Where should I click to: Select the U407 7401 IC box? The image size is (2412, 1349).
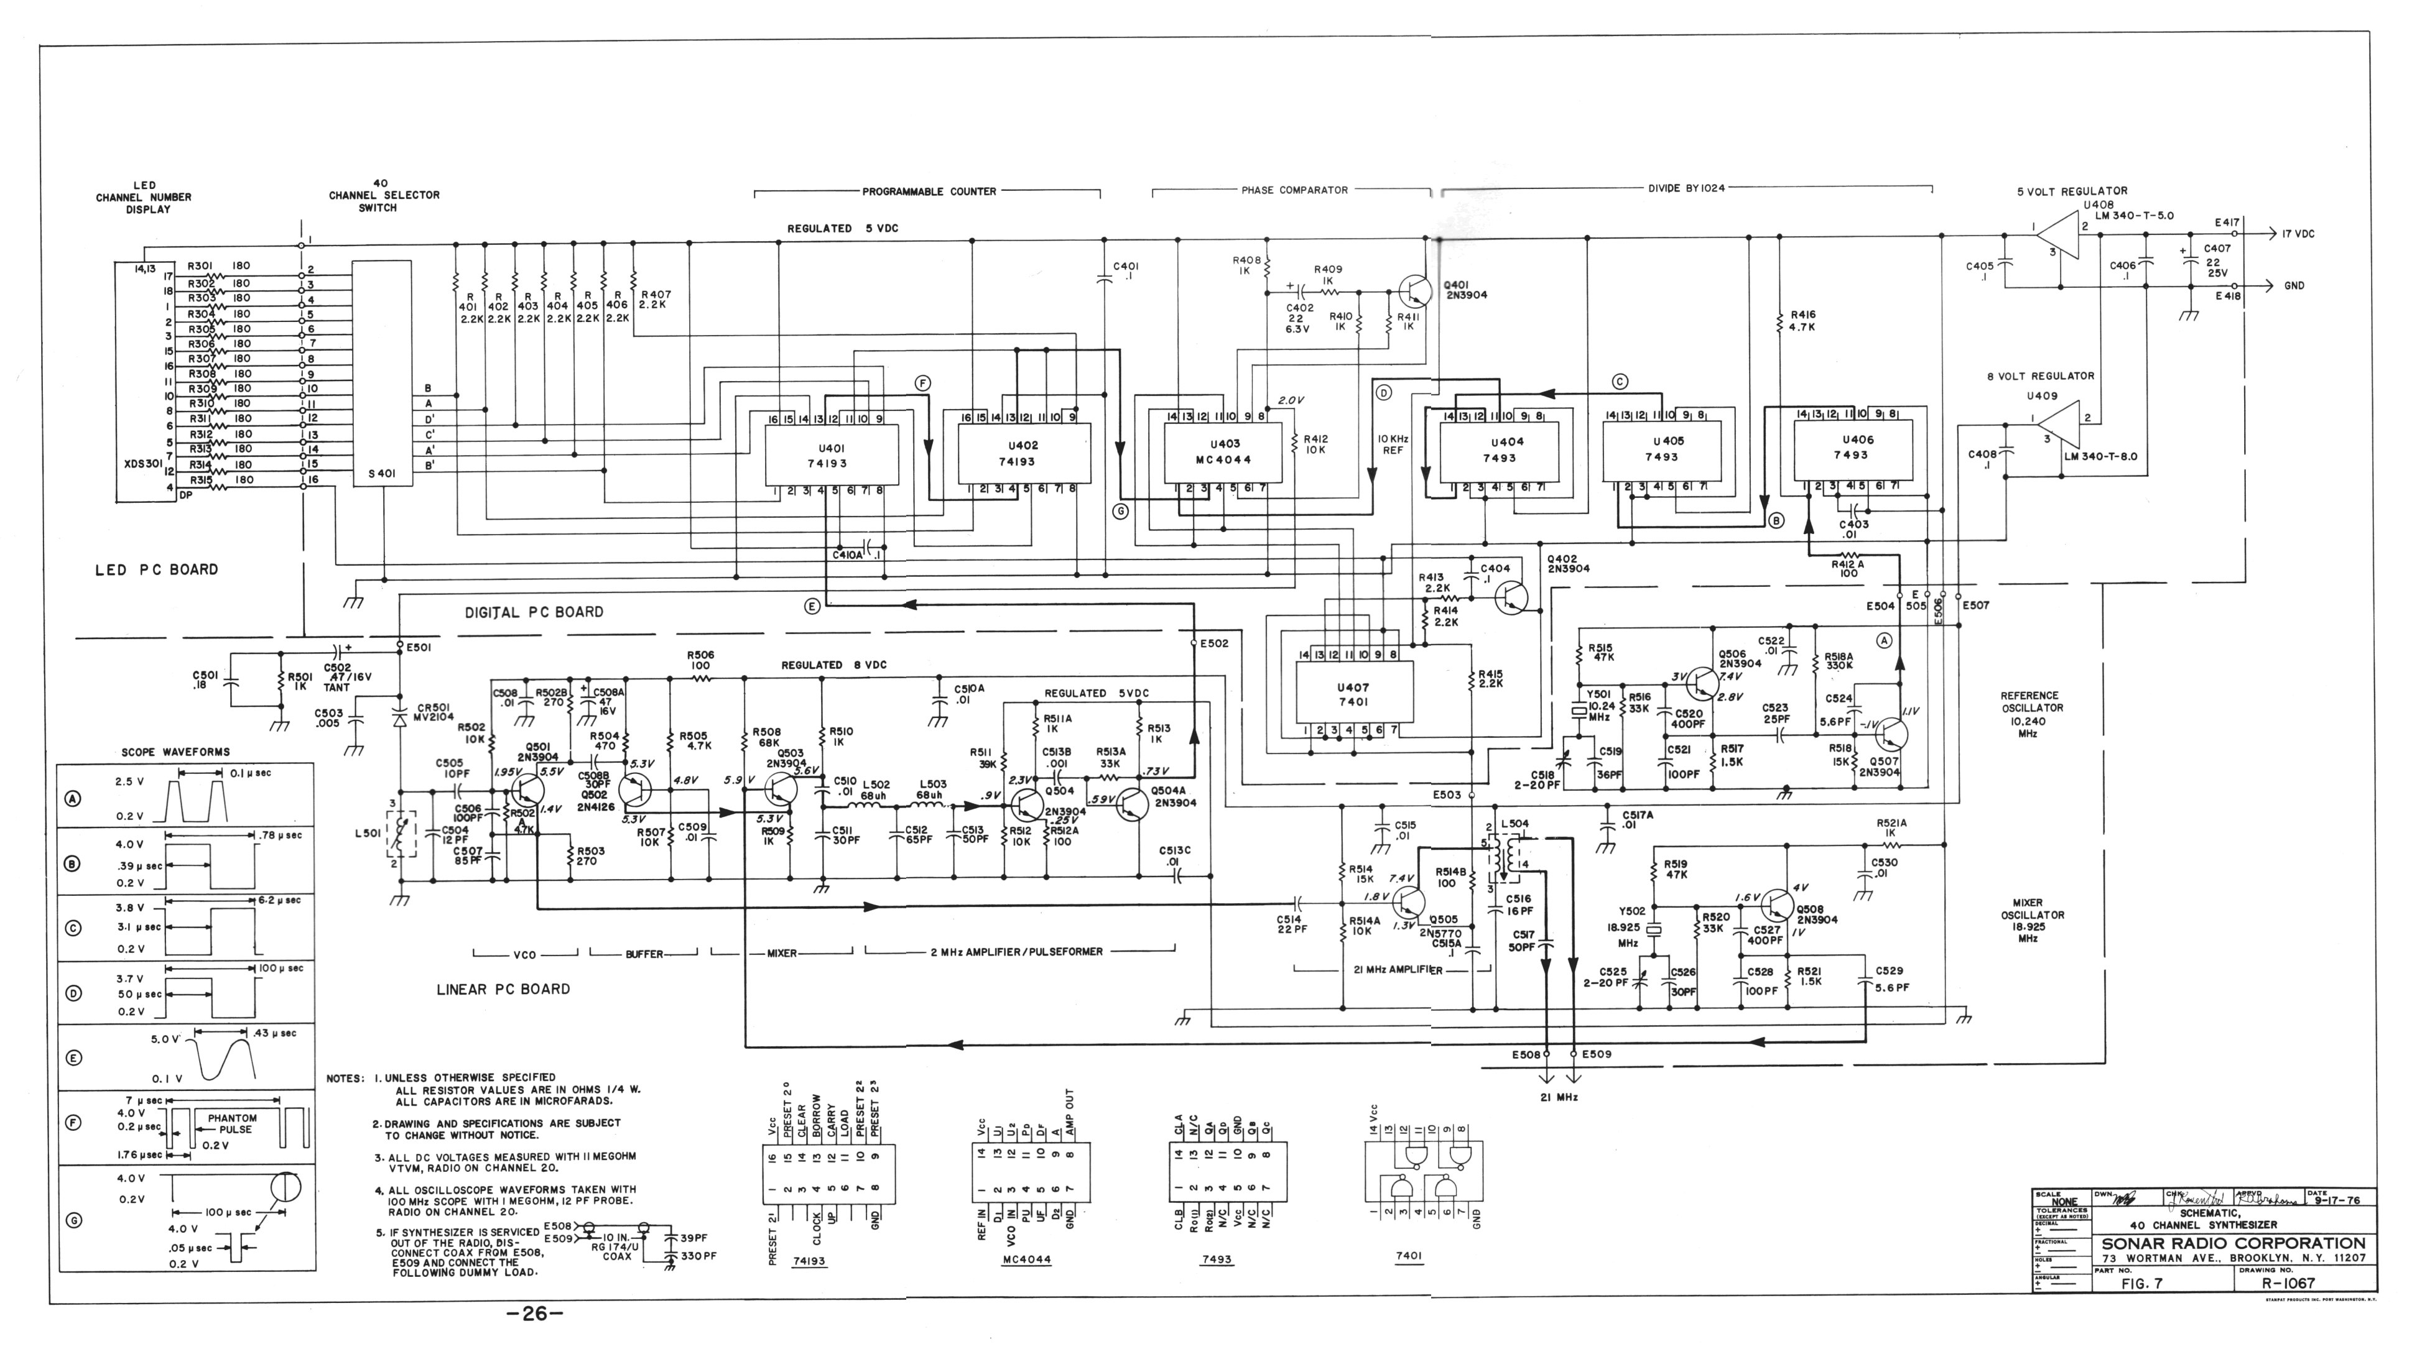tap(1353, 694)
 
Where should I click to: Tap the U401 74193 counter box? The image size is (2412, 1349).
tap(832, 455)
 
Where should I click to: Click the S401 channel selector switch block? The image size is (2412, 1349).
tap(381, 374)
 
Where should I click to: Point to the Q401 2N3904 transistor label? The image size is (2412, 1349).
tap(1465, 289)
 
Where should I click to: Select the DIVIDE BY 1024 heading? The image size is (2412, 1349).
tap(1686, 188)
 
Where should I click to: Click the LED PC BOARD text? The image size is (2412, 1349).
tap(156, 569)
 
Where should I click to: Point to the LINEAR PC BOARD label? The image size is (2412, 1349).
tap(503, 988)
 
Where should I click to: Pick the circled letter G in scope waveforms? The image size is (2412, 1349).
tap(73, 1220)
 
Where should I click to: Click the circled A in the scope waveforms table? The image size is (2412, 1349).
tap(73, 799)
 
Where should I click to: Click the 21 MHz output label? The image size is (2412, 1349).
tap(1559, 1096)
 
